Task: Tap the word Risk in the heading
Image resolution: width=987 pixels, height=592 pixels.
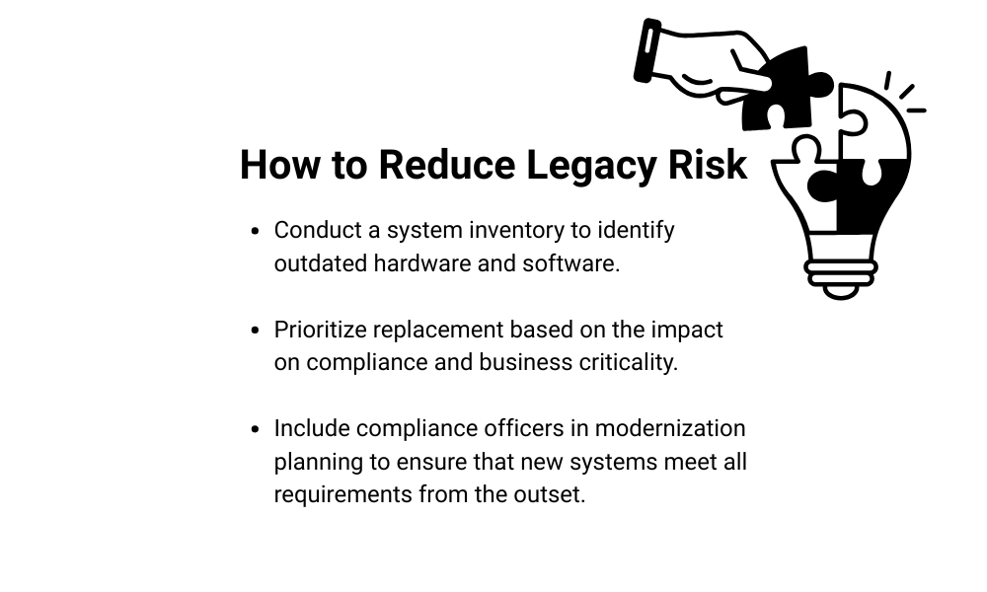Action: [x=708, y=165]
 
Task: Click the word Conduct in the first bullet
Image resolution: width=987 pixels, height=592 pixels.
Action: [x=318, y=230]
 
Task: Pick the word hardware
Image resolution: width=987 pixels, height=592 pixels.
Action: [x=422, y=263]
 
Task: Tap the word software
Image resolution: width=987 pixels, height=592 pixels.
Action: [x=570, y=263]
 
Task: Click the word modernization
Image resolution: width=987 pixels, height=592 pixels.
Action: [x=670, y=428]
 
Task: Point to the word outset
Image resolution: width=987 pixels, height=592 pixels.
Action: [x=550, y=494]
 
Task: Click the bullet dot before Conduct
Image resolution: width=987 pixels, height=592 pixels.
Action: [x=255, y=232]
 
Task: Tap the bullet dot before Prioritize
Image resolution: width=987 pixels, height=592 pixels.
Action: [x=255, y=331]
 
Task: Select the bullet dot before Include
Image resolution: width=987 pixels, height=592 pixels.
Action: [x=255, y=429]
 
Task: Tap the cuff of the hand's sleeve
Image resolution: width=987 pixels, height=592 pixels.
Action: [x=647, y=51]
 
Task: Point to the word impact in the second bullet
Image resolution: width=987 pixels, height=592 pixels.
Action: [x=687, y=331]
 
